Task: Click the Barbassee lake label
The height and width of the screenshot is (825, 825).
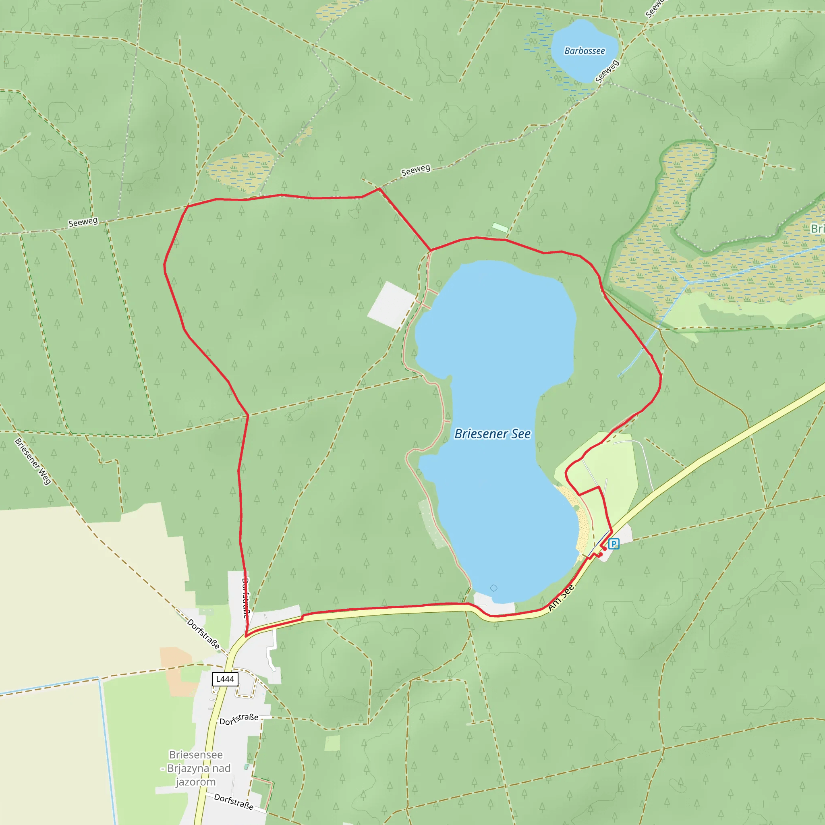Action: click(584, 51)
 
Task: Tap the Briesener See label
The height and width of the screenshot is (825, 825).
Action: click(492, 434)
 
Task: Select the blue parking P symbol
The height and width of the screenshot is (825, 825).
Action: click(614, 543)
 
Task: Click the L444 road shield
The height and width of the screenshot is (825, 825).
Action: click(225, 679)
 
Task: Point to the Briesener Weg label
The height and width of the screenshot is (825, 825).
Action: click(33, 461)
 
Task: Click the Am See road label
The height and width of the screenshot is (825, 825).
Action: click(561, 597)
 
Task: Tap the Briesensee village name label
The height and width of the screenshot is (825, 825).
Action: click(196, 768)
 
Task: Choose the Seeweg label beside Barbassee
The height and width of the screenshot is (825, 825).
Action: click(606, 71)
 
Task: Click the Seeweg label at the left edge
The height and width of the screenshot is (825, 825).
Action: click(83, 222)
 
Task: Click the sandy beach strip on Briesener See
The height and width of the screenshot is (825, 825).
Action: click(580, 526)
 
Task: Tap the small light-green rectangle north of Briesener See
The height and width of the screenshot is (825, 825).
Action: click(500, 228)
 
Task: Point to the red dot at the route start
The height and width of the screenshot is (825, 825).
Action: click(600, 555)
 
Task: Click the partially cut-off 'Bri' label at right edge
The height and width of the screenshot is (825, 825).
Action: click(817, 228)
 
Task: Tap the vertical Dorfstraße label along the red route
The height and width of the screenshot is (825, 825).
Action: click(245, 598)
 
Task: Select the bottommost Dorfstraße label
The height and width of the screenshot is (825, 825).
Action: click(234, 802)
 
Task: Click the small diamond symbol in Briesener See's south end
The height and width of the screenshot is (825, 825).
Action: click(493, 588)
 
